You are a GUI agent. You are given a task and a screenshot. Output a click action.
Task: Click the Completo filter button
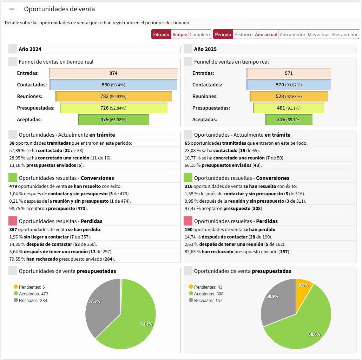tap(200, 34)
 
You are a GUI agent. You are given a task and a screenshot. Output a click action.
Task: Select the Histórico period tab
tap(243, 34)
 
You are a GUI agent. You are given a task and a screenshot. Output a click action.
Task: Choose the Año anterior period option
tap(292, 34)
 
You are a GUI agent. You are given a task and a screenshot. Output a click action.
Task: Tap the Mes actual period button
tap(318, 34)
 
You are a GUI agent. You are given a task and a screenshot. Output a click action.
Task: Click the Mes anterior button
tap(344, 34)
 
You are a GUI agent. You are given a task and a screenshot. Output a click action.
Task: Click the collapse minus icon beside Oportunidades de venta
tap(12, 9)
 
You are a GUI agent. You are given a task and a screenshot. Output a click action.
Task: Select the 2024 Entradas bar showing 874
tap(113, 73)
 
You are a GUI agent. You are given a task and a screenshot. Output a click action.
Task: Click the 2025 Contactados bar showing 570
tap(289, 85)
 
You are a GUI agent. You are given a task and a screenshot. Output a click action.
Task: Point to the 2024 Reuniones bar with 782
tap(113, 96)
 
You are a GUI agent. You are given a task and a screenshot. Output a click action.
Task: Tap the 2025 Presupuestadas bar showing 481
tap(289, 108)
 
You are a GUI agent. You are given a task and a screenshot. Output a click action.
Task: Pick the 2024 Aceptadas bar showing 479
tap(113, 119)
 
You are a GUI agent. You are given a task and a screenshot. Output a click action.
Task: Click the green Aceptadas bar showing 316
tap(289, 119)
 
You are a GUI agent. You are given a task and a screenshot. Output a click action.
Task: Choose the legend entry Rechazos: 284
tap(33, 300)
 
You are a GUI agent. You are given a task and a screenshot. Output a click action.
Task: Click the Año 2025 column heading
tap(205, 49)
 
